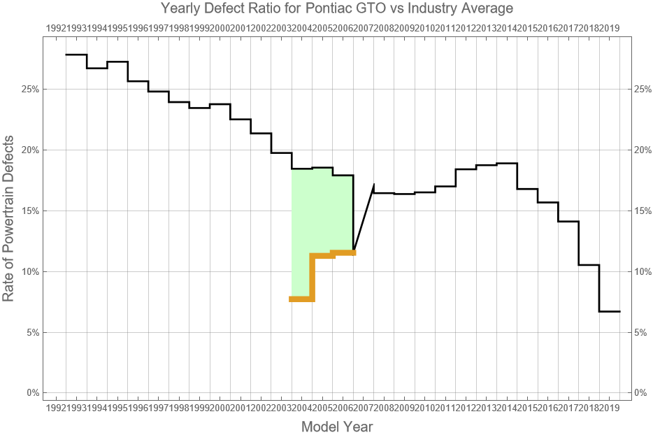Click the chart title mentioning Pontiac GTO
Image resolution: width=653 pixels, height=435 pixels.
pos(336,8)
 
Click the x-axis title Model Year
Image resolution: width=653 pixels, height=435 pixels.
pos(336,426)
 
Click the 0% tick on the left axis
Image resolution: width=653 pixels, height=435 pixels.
pos(31,393)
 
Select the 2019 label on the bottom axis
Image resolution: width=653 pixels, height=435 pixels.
pos(610,407)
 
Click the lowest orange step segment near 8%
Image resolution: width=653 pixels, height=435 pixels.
pos(301,299)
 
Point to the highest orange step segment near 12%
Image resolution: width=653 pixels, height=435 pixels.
pos(343,252)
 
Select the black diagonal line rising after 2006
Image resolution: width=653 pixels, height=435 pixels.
pos(364,217)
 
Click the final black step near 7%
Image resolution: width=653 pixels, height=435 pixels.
pos(610,311)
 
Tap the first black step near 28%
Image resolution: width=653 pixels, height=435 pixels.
pos(76,55)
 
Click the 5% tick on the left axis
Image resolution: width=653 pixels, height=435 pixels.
pos(31,332)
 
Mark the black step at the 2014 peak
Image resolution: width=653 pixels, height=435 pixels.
pos(507,163)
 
